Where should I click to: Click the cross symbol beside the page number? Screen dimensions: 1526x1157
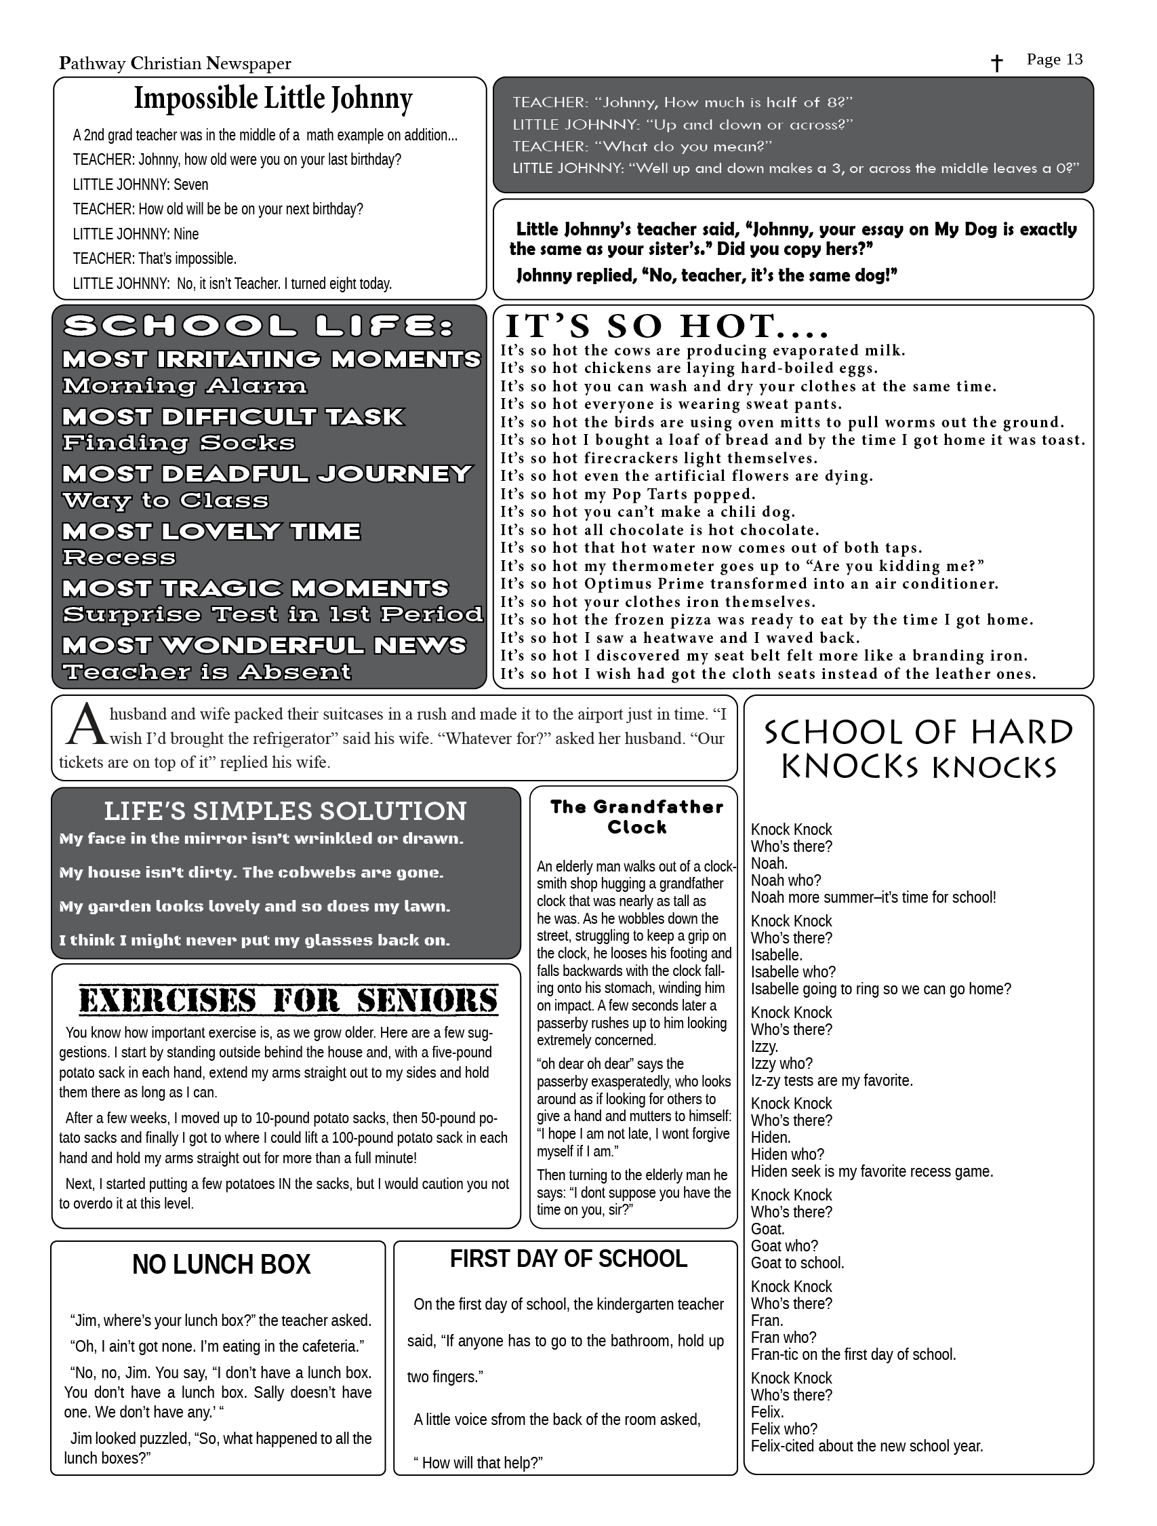tap(996, 64)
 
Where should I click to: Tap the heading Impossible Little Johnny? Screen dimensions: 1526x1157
tap(273, 98)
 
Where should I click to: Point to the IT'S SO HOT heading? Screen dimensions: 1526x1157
tap(667, 326)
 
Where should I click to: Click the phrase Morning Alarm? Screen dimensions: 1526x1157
tap(185, 386)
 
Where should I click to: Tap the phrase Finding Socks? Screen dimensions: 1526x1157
tap(178, 443)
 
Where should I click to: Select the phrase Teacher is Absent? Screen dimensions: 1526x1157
tap(207, 672)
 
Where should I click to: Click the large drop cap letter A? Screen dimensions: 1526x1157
tap(85, 726)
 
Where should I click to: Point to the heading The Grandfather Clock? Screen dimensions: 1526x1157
tap(636, 817)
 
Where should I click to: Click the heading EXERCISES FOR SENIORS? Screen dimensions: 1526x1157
tap(288, 1000)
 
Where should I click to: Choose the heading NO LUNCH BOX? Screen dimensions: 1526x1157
tap(222, 1264)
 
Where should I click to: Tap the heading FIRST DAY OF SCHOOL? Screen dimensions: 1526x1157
tap(568, 1259)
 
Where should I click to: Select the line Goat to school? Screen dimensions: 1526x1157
tap(797, 1262)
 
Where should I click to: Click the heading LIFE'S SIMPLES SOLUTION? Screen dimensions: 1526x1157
tap(285, 811)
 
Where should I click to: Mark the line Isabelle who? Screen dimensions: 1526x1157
tap(793, 971)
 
